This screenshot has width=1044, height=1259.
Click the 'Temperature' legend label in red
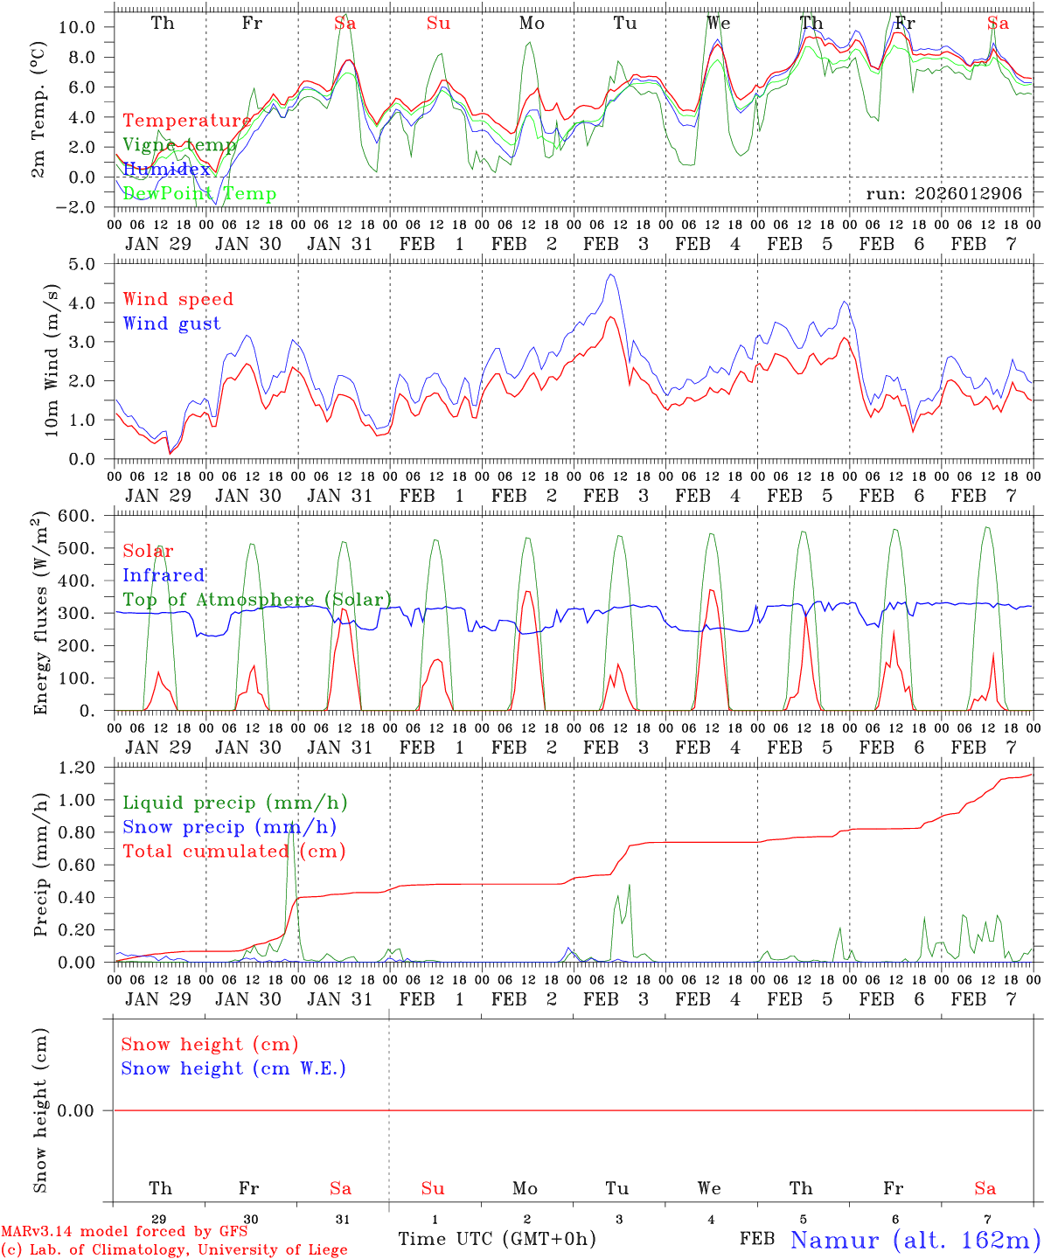pos(187,121)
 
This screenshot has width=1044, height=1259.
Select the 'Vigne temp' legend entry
pos(179,145)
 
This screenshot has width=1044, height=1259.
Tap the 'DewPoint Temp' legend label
pos(199,193)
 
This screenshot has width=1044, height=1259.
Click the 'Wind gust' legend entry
pos(171,323)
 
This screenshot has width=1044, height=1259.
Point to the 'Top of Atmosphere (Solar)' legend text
pos(257,600)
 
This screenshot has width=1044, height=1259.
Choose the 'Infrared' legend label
pos(164,575)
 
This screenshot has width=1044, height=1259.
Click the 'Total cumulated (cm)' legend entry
pos(234,851)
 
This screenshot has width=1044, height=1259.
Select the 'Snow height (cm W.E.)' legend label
pos(233,1068)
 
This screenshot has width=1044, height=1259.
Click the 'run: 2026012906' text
pos(943,194)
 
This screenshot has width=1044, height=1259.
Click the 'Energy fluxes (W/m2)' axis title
pos(40,614)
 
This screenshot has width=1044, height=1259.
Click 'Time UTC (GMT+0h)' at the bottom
pos(497,1239)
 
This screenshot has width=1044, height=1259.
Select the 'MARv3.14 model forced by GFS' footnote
pos(124,1232)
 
